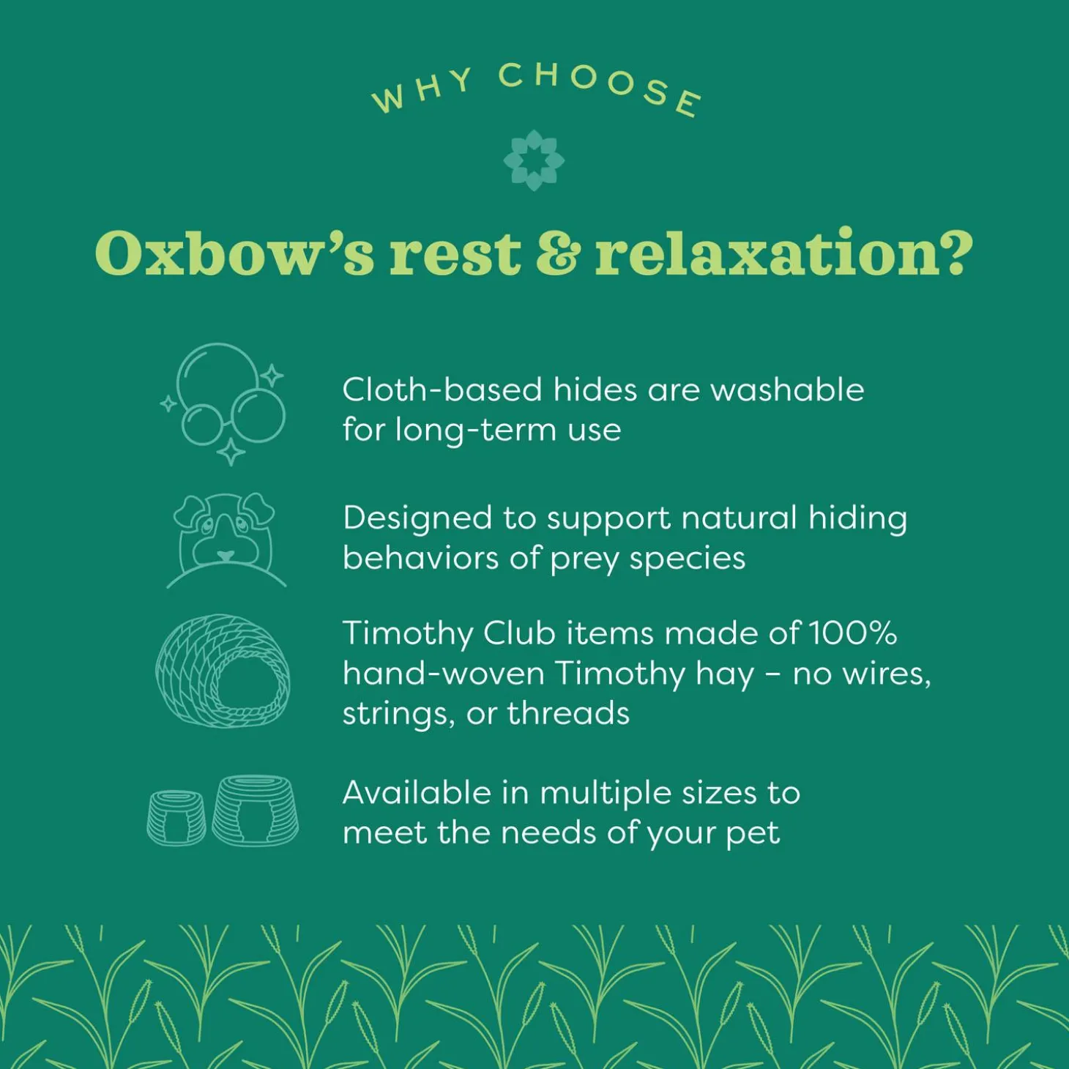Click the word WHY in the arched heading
422,90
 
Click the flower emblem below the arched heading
534,160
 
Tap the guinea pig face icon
226,540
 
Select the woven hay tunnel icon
223,671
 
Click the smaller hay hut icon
176,818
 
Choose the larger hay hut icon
256,811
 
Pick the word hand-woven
443,674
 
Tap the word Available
417,793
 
